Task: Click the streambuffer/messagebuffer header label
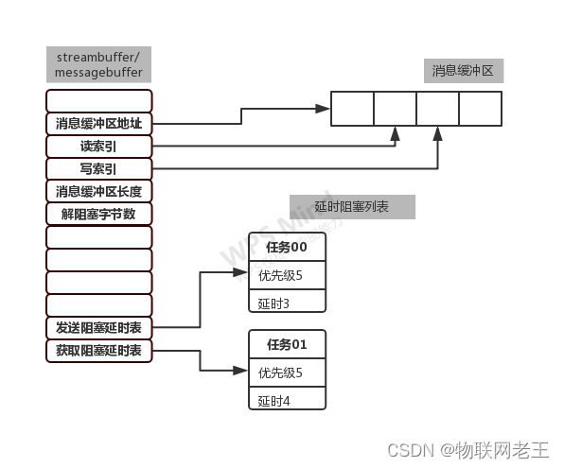tap(98, 63)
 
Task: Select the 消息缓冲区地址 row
tap(98, 123)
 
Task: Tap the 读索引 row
tap(98, 147)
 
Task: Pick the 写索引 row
tap(98, 168)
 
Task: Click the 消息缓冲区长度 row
tap(98, 191)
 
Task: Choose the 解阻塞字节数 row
tap(98, 214)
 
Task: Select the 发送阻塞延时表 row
tap(98, 328)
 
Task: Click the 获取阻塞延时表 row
tap(98, 351)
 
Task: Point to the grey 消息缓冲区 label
tap(463, 70)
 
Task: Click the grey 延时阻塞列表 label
tap(351, 206)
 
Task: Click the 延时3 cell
tap(287, 303)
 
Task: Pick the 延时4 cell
tap(287, 400)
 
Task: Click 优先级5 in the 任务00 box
tap(287, 275)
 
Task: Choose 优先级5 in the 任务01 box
tap(287, 373)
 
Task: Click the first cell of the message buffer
tap(352, 109)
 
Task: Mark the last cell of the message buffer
tap(480, 109)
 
